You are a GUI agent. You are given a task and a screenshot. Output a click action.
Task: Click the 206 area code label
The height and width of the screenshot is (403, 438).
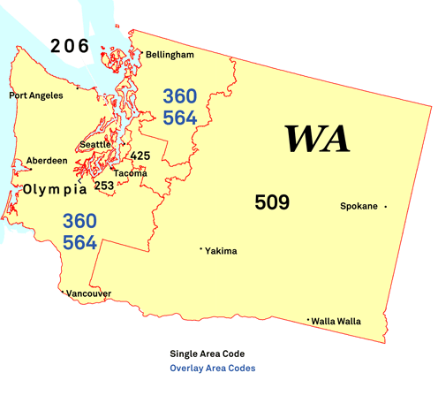[x=70, y=45]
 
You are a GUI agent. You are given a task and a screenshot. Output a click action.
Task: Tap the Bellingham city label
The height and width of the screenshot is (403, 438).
[x=170, y=55]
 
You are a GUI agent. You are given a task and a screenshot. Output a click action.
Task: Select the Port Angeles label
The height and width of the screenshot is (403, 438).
[x=36, y=95]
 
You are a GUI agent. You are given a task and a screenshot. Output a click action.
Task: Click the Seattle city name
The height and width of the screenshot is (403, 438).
[x=95, y=144]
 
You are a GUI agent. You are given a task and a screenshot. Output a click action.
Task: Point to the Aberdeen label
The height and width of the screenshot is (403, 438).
[x=47, y=160]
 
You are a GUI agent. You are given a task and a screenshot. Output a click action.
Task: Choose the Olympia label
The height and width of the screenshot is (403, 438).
[x=55, y=189]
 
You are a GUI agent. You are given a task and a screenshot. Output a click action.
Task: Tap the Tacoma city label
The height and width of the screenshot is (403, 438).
[x=130, y=173]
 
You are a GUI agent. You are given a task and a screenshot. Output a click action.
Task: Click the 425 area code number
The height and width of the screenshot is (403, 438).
[x=140, y=156]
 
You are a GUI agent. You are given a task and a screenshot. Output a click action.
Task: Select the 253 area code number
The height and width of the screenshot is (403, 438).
[x=104, y=186]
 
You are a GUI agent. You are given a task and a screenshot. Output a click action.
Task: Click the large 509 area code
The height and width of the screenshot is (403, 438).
[x=272, y=202]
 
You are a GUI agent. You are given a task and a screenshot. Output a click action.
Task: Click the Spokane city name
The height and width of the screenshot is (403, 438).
[x=359, y=206]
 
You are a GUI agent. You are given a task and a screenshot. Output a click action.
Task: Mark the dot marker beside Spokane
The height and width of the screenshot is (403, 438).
[x=386, y=207]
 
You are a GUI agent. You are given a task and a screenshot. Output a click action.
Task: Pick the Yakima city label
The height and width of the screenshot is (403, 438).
[x=221, y=251]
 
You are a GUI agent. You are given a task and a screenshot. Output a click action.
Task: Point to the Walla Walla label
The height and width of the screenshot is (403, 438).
[x=336, y=321]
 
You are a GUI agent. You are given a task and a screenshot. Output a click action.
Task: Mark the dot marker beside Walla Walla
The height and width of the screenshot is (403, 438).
[x=307, y=320]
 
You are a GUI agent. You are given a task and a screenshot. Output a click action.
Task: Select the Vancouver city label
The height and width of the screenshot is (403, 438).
[x=89, y=293]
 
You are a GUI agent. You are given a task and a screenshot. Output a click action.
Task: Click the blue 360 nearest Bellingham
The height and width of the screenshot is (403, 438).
[x=179, y=96]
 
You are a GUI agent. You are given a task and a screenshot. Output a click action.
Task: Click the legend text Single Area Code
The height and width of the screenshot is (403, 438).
[x=208, y=354]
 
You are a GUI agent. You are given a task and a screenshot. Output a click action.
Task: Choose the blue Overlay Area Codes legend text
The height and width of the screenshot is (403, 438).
[x=213, y=369]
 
